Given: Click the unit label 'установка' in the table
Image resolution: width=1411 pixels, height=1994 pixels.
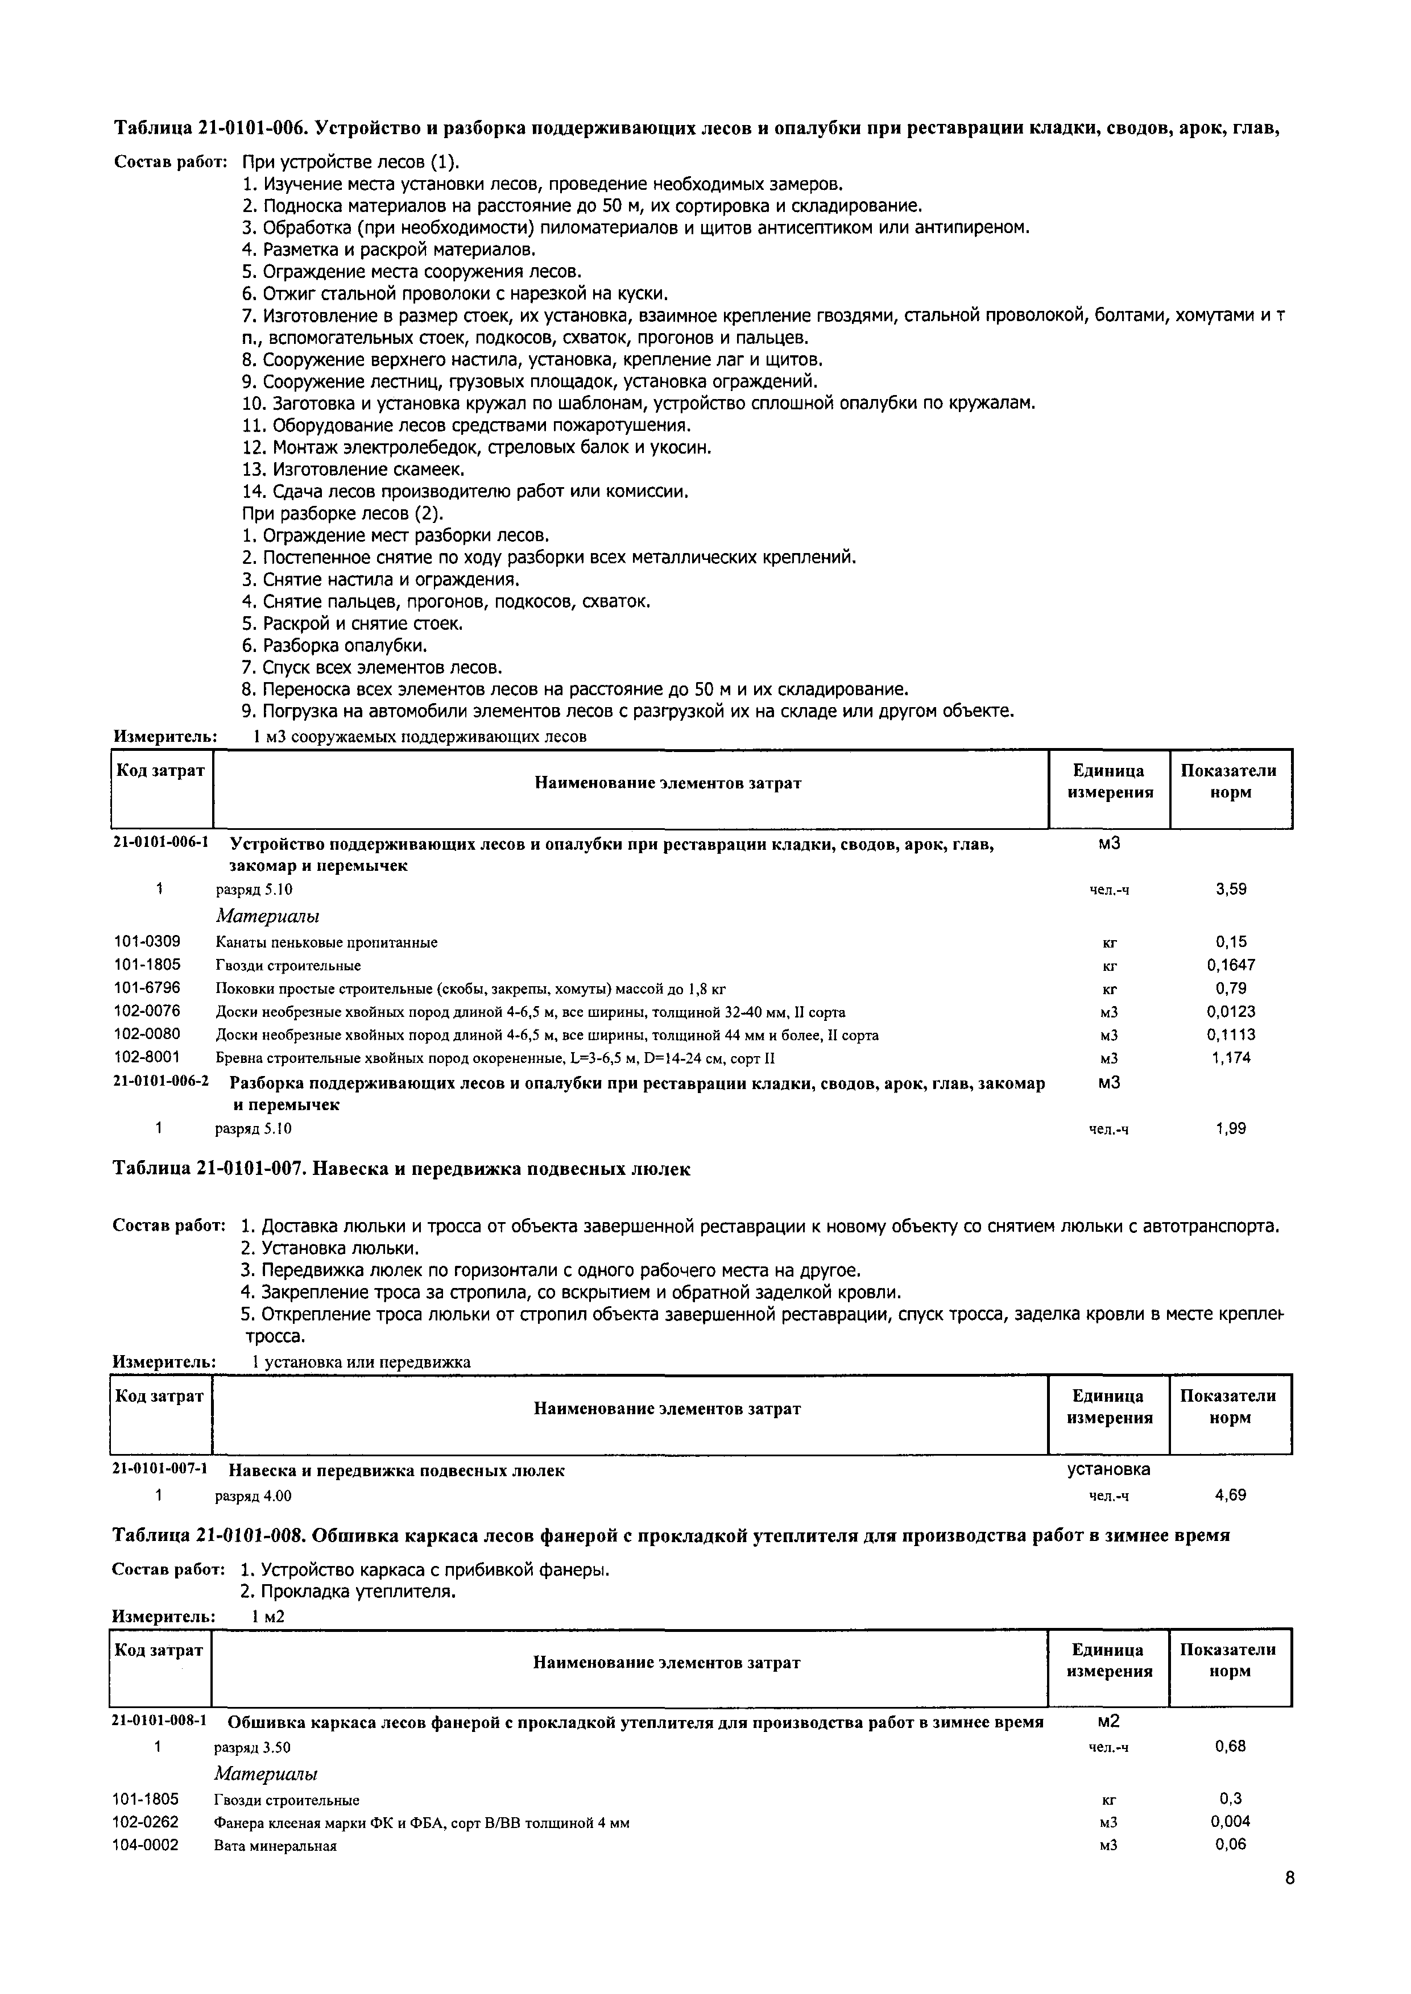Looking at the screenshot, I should point(1108,1469).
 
